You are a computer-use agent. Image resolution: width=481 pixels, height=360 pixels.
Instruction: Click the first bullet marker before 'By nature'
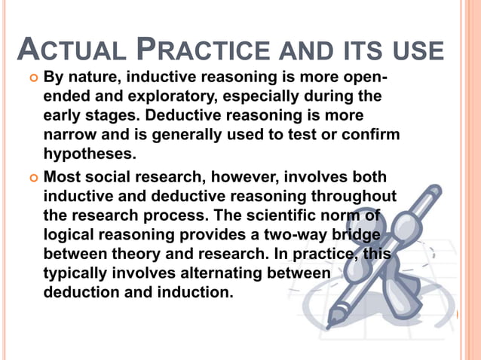[x=32, y=78]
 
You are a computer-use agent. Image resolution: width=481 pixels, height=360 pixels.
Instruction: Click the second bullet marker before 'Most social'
[x=32, y=178]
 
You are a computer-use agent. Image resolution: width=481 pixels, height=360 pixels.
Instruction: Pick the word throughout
[x=357, y=197]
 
